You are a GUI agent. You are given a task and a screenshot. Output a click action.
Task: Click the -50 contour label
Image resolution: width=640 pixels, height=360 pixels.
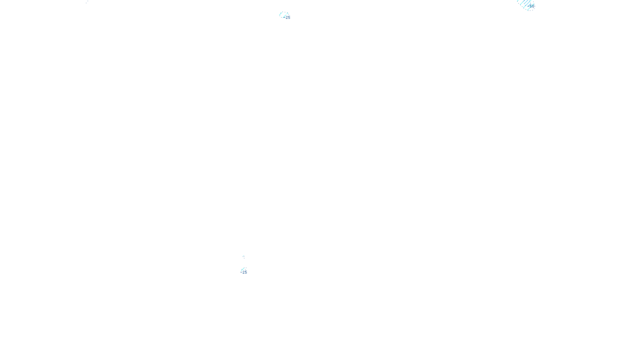pyautogui.click(x=531, y=6)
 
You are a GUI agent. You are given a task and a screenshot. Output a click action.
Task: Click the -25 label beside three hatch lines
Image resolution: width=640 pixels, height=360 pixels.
pyautogui.click(x=288, y=18)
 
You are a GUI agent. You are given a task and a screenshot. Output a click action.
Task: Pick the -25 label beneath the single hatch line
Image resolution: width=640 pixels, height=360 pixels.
pyautogui.click(x=244, y=272)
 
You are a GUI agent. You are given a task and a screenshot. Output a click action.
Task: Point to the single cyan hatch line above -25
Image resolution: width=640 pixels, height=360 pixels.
pyautogui.click(x=243, y=269)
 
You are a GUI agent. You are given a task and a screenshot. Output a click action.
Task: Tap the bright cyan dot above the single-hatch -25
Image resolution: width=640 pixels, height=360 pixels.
pyautogui.click(x=244, y=257)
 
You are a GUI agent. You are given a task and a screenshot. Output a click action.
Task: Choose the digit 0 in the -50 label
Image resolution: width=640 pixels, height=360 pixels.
pyautogui.click(x=533, y=6)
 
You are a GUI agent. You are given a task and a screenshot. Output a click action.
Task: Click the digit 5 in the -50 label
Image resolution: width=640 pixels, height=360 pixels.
pyautogui.click(x=531, y=6)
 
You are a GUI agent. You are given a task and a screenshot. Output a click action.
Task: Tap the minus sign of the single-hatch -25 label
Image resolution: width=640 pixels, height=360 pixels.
pyautogui.click(x=241, y=272)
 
